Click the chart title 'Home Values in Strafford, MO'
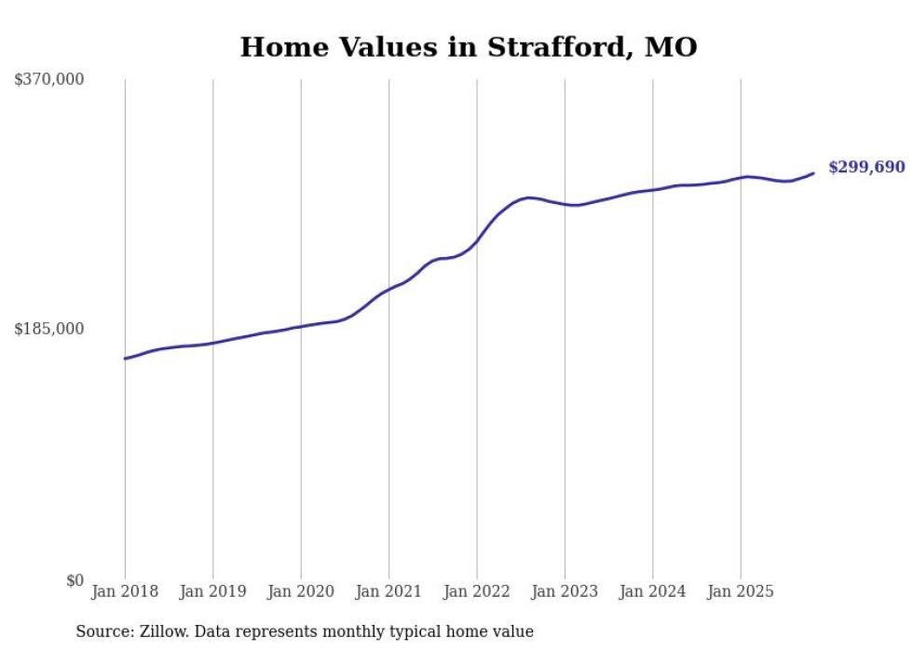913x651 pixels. click(x=468, y=47)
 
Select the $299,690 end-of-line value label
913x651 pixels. click(x=865, y=167)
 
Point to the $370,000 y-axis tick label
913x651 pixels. click(x=48, y=80)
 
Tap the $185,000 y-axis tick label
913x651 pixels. click(x=48, y=329)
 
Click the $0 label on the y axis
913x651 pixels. click(x=75, y=580)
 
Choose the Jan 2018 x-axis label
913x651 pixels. click(x=125, y=591)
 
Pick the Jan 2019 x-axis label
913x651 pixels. click(x=212, y=591)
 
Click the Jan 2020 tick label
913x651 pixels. click(x=301, y=591)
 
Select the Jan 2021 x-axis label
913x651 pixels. click(x=388, y=591)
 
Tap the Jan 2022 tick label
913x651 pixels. click(x=477, y=591)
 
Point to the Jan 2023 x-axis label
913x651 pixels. click(x=565, y=591)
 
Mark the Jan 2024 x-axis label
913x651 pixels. click(x=653, y=591)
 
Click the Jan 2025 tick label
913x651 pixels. click(x=741, y=591)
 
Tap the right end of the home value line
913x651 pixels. click(x=813, y=173)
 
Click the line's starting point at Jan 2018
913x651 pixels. click(x=125, y=359)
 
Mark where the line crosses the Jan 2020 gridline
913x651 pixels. click(x=301, y=326)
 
